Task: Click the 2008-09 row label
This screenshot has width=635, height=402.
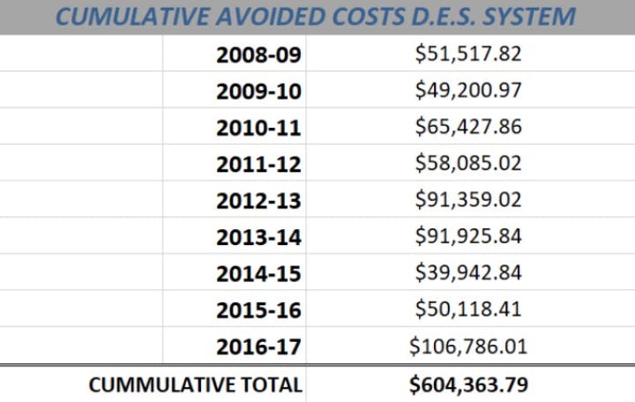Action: [x=258, y=55]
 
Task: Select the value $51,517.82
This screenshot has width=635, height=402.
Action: [x=468, y=54]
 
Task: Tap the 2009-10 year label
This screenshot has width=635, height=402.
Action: [x=258, y=91]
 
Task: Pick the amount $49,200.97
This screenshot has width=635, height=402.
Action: [x=468, y=90]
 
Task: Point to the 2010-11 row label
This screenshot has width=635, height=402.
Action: [x=258, y=128]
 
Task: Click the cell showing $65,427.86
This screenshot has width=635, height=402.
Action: [x=468, y=127]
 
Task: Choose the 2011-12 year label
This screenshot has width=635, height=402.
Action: [x=258, y=164]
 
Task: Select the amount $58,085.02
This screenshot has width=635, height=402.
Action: [x=468, y=163]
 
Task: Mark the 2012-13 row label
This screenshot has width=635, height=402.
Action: [x=258, y=201]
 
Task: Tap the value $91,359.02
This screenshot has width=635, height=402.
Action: [x=468, y=199]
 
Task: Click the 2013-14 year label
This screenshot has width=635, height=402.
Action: [x=258, y=237]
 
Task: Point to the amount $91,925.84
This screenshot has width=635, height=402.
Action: [x=468, y=236]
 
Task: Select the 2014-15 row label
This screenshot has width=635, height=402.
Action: [x=258, y=274]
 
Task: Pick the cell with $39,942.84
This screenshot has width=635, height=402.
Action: [x=468, y=272]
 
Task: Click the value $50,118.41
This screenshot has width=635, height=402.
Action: [x=468, y=309]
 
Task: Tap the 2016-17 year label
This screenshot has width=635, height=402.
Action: [x=258, y=347]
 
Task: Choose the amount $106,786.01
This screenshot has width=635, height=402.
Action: [x=468, y=346]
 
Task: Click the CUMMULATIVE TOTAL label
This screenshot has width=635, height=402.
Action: [x=195, y=385]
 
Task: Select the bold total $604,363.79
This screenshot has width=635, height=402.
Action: [x=468, y=385]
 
